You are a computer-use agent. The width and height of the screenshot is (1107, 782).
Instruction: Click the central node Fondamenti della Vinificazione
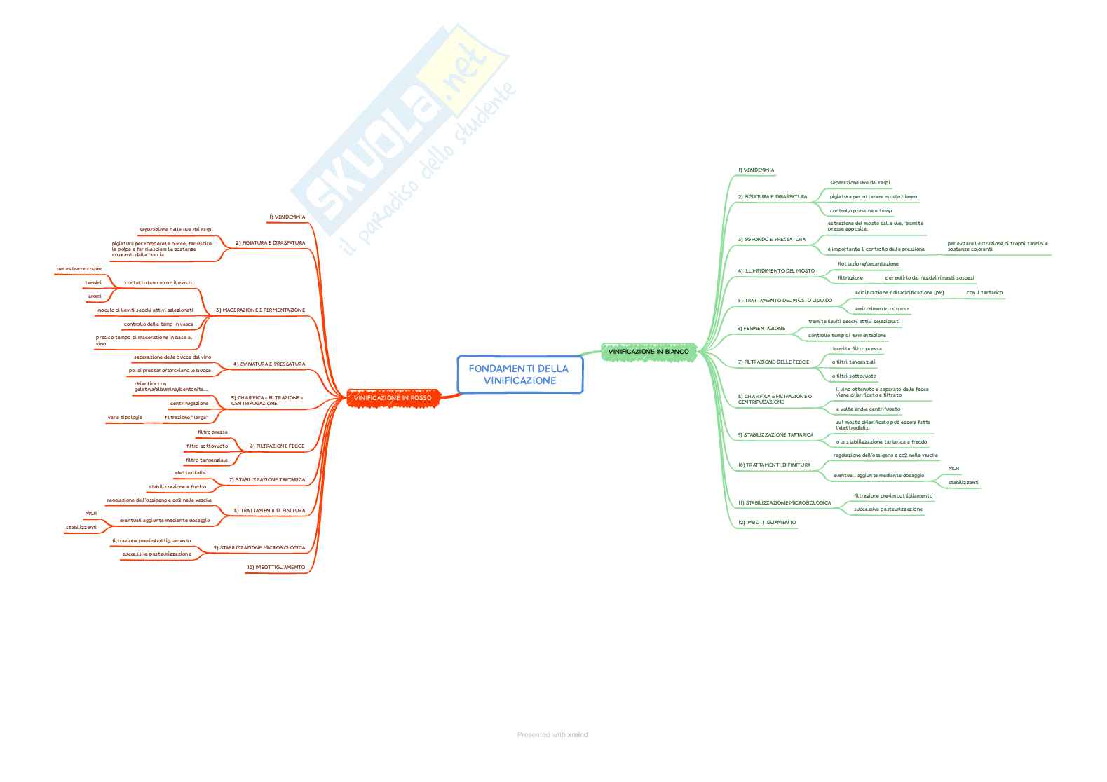click(x=519, y=374)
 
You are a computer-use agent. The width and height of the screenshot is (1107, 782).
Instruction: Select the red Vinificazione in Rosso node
click(x=393, y=398)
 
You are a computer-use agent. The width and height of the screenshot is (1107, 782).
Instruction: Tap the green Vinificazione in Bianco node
click(x=648, y=351)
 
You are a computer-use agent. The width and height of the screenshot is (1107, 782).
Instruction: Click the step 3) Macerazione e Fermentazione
click(x=260, y=310)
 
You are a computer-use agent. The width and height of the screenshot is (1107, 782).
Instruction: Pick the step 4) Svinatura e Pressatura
click(x=269, y=364)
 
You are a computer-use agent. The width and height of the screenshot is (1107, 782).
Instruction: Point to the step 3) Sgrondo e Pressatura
click(x=771, y=240)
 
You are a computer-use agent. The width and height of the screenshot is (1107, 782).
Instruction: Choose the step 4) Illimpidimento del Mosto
click(x=776, y=270)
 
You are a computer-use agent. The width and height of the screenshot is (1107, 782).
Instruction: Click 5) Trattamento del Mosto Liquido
click(x=785, y=300)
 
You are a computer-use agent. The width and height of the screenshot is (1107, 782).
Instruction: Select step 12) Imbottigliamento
click(x=766, y=522)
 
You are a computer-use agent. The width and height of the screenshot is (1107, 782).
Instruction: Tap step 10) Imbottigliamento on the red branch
click(x=276, y=567)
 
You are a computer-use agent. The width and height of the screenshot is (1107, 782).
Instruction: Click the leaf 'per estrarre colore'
click(x=79, y=268)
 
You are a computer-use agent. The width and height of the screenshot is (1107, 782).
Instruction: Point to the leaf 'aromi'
click(x=95, y=296)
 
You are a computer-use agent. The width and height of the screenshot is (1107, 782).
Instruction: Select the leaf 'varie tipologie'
click(x=125, y=417)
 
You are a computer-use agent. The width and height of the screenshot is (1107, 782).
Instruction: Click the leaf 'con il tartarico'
click(x=984, y=292)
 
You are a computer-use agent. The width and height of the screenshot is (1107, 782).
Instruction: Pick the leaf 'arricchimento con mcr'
click(x=881, y=308)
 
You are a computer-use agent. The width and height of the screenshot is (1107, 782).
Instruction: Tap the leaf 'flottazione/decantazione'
click(x=868, y=263)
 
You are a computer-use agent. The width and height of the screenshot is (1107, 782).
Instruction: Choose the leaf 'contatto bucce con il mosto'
click(x=159, y=282)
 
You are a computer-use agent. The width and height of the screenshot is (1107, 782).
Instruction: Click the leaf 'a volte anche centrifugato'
click(x=868, y=409)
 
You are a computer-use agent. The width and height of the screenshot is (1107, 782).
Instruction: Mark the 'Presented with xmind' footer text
click(x=552, y=734)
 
